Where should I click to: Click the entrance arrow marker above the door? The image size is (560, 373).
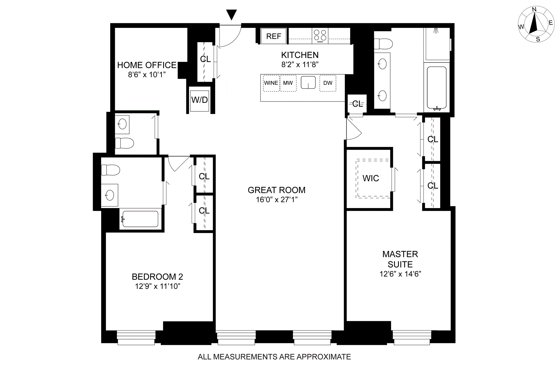point(231,15)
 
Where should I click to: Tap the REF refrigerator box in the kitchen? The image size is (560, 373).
point(273,36)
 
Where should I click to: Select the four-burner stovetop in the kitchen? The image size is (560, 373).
point(320,36)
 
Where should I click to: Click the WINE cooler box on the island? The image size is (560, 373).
point(271,83)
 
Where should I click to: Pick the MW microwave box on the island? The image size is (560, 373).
point(288,83)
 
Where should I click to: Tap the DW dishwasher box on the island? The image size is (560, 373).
point(328,83)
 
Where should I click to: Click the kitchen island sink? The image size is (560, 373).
point(308,83)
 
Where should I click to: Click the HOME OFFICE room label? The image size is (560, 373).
point(147,65)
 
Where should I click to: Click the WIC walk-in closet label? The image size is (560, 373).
point(371,178)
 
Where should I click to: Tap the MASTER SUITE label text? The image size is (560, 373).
point(400,259)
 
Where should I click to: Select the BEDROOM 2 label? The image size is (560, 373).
point(157,277)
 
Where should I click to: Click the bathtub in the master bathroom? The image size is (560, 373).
point(437,88)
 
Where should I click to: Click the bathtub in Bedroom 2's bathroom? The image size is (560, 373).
point(140,219)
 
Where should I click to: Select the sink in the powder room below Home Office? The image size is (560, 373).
point(122,125)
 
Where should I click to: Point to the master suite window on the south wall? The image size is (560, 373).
point(412,337)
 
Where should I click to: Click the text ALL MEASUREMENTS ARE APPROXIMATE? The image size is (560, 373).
point(274,357)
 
